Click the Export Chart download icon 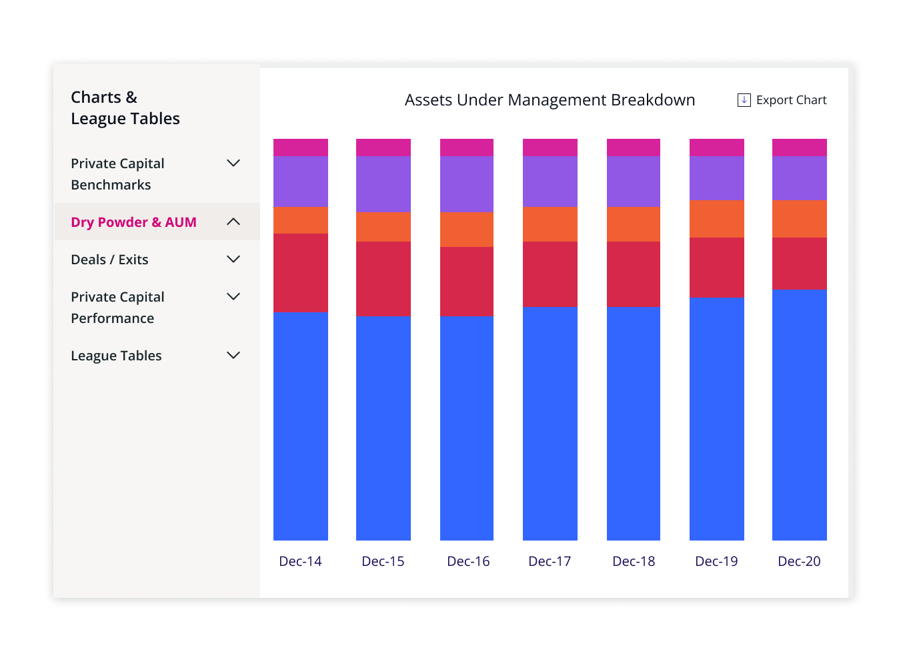pyautogui.click(x=744, y=100)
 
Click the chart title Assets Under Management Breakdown pyautogui.click(x=550, y=100)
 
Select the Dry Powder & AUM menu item pyautogui.click(x=133, y=222)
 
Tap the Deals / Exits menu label pyautogui.click(x=109, y=260)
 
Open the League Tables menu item pyautogui.click(x=116, y=356)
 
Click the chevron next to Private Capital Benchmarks pyautogui.click(x=233, y=163)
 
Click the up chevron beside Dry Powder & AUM pyautogui.click(x=233, y=222)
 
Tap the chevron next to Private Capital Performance pyautogui.click(x=233, y=297)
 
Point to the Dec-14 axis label pyautogui.click(x=300, y=561)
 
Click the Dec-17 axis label pyautogui.click(x=550, y=561)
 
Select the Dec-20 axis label pyautogui.click(x=799, y=561)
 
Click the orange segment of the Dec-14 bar pyautogui.click(x=301, y=220)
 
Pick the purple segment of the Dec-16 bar pyautogui.click(x=467, y=184)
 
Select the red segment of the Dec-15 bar pyautogui.click(x=383, y=279)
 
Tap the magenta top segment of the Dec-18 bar pyautogui.click(x=634, y=147)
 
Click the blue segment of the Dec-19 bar pyautogui.click(x=717, y=419)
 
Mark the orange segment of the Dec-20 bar pyautogui.click(x=800, y=219)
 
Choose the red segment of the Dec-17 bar pyautogui.click(x=550, y=274)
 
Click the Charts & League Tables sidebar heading pyautogui.click(x=125, y=108)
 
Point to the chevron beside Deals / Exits pyautogui.click(x=233, y=260)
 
